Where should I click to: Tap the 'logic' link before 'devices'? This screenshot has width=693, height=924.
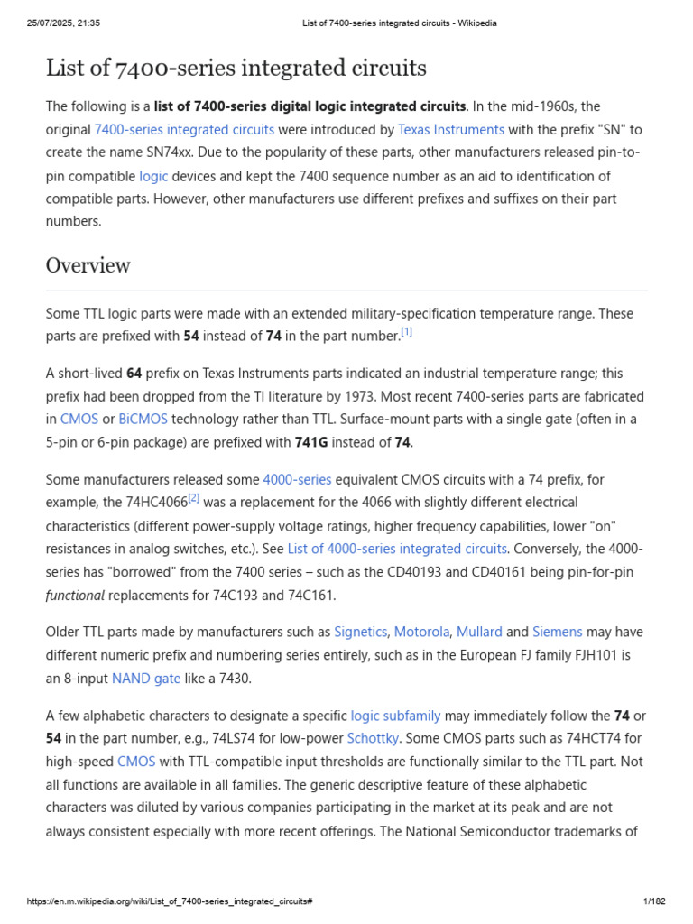(153, 176)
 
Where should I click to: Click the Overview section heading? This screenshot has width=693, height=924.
(88, 265)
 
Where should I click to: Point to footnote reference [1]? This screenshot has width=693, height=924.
(407, 332)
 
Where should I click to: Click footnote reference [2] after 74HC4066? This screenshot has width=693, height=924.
(193, 497)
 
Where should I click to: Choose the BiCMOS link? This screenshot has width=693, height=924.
(143, 419)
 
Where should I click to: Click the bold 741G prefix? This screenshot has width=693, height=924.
(315, 442)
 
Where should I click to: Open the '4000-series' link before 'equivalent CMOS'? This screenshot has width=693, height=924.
(297, 479)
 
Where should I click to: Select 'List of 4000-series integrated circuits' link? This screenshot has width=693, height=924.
(397, 549)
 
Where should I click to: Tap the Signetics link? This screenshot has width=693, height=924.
(360, 632)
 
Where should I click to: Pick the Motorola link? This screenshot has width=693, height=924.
(421, 632)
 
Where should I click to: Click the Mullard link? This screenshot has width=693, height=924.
(479, 632)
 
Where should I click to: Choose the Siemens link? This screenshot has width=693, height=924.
(557, 632)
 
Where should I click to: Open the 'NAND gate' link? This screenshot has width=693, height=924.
(146, 678)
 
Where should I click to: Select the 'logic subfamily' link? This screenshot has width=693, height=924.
(395, 716)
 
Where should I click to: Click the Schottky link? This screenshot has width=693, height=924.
(373, 738)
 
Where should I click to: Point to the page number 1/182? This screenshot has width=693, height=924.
(653, 901)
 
